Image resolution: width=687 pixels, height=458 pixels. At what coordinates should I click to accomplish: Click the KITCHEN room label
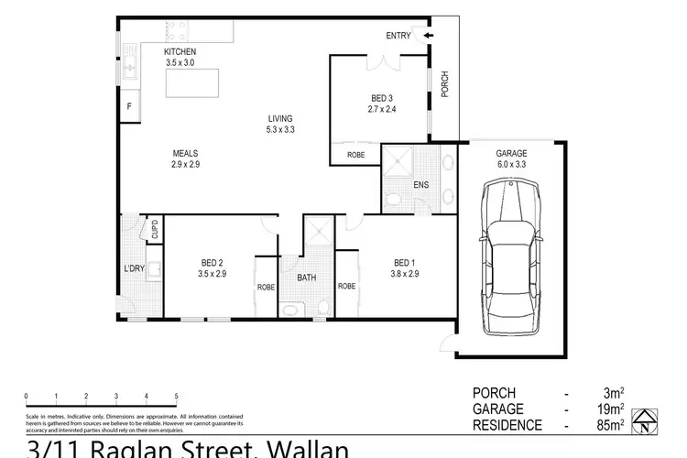pos(180,51)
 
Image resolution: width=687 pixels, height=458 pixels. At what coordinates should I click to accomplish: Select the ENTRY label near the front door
pos(399,36)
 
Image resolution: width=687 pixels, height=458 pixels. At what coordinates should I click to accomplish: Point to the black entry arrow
pos(428,37)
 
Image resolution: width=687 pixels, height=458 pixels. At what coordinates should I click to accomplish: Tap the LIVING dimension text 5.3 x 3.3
pos(280,130)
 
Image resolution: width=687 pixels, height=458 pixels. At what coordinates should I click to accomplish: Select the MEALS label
pos(186,153)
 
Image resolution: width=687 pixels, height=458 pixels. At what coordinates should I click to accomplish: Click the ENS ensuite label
pos(420,185)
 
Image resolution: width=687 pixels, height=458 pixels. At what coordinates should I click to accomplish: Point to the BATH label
pos(307,278)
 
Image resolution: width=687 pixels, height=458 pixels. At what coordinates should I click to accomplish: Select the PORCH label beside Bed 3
pos(444,85)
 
